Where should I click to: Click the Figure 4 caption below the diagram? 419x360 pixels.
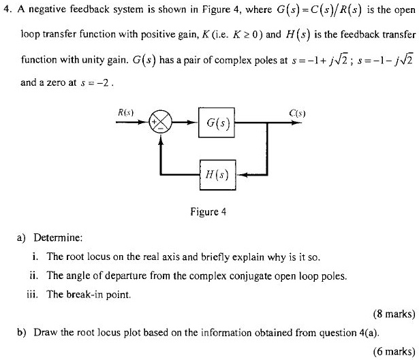pyautogui.click(x=208, y=212)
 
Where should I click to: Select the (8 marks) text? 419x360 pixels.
pyautogui.click(x=393, y=314)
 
